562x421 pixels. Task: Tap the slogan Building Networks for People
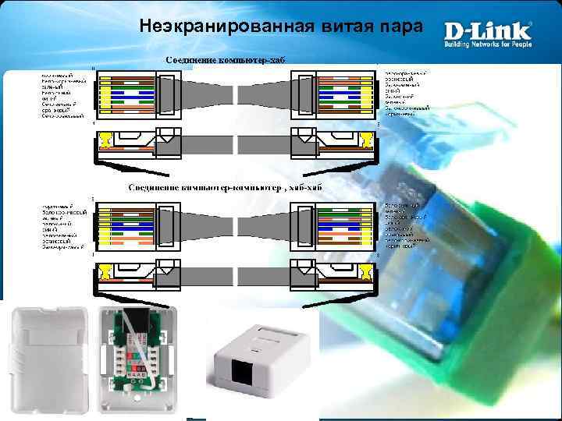coord(488,44)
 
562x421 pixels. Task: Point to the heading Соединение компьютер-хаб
coord(219,60)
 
